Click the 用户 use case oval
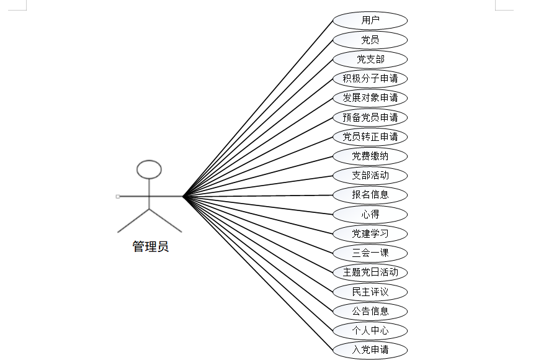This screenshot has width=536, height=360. click(370, 20)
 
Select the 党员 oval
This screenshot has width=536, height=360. click(370, 40)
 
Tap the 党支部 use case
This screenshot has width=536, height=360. click(370, 60)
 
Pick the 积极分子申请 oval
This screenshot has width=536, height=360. click(370, 79)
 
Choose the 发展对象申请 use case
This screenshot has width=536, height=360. click(370, 98)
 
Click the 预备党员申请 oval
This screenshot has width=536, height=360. click(370, 117)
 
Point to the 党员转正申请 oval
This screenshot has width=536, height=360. click(370, 137)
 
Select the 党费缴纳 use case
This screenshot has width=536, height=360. click(370, 156)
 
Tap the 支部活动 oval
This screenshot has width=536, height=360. click(370, 175)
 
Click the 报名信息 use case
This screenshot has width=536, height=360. click(370, 194)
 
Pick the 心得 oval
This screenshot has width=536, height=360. click(370, 215)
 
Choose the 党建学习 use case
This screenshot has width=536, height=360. click(370, 234)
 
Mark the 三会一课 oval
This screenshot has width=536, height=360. click(370, 253)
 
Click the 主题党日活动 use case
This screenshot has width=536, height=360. click(370, 272)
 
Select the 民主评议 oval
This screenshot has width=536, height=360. click(370, 292)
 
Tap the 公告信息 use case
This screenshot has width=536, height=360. click(370, 311)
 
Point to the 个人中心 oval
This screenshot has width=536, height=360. click(370, 330)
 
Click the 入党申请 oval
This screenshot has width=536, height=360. click(370, 349)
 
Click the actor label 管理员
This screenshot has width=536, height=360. click(150, 247)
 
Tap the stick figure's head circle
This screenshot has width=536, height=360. click(149, 169)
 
